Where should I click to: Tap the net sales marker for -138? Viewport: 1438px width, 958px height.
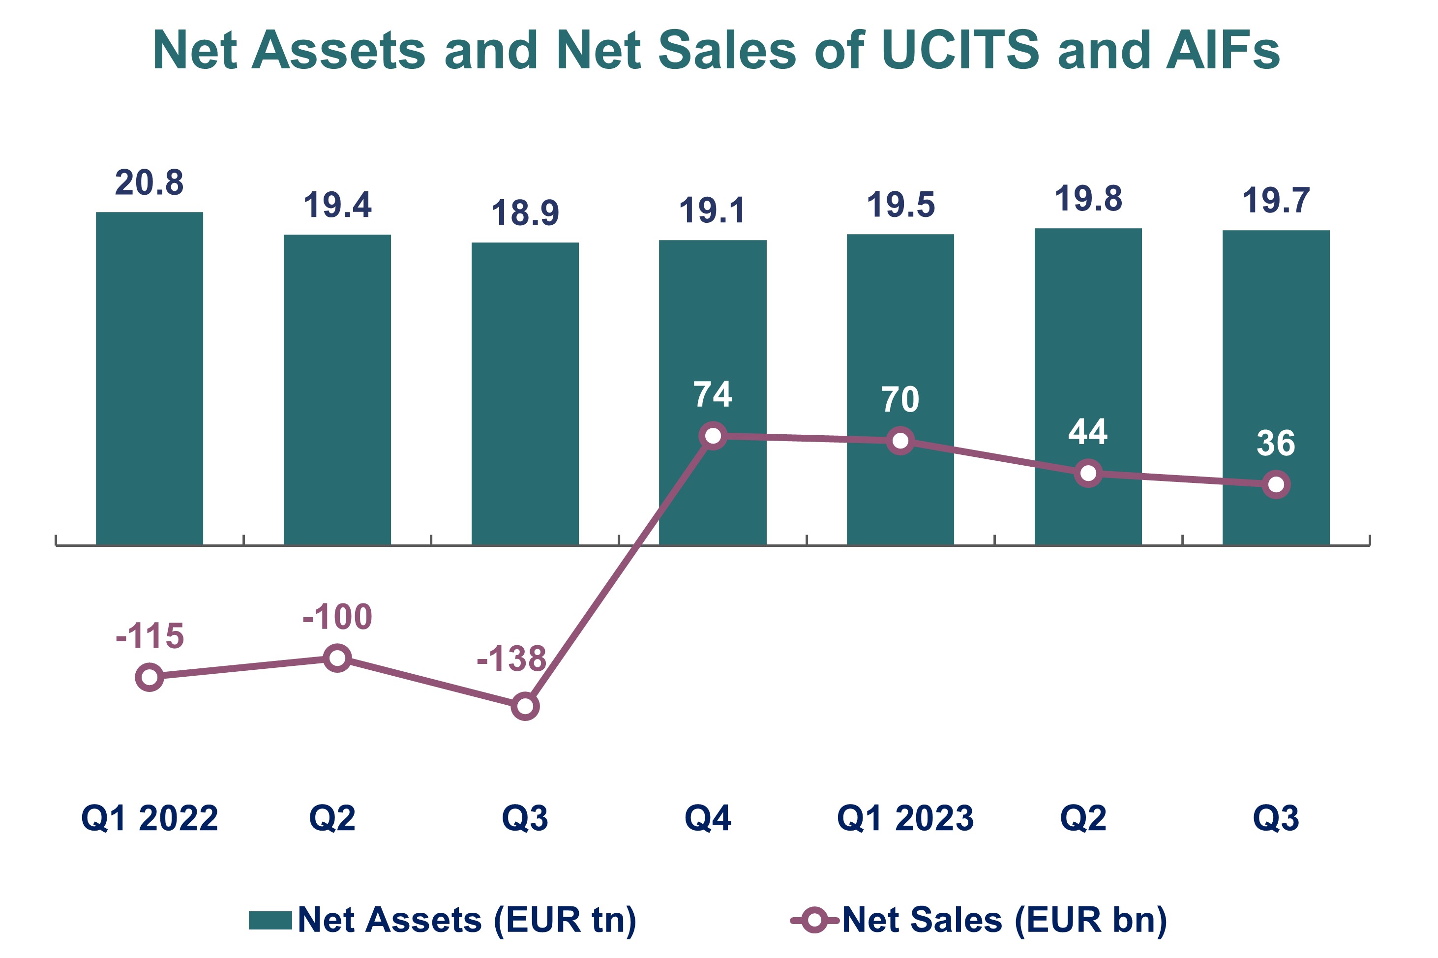coord(525,706)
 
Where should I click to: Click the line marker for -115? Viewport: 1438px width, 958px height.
coord(149,677)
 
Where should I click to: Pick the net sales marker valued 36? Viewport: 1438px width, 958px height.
coord(1276,484)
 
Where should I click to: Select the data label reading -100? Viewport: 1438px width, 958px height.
coord(337,617)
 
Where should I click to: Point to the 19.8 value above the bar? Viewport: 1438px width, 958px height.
coord(1088,199)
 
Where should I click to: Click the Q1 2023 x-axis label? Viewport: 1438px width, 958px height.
coord(905,818)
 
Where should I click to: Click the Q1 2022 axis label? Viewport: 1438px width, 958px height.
coord(149,818)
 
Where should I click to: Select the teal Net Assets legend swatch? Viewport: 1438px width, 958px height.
coord(270,920)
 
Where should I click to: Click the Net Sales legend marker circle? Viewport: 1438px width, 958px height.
coord(814,920)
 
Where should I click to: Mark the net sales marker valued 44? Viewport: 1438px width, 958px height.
coord(1088,473)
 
